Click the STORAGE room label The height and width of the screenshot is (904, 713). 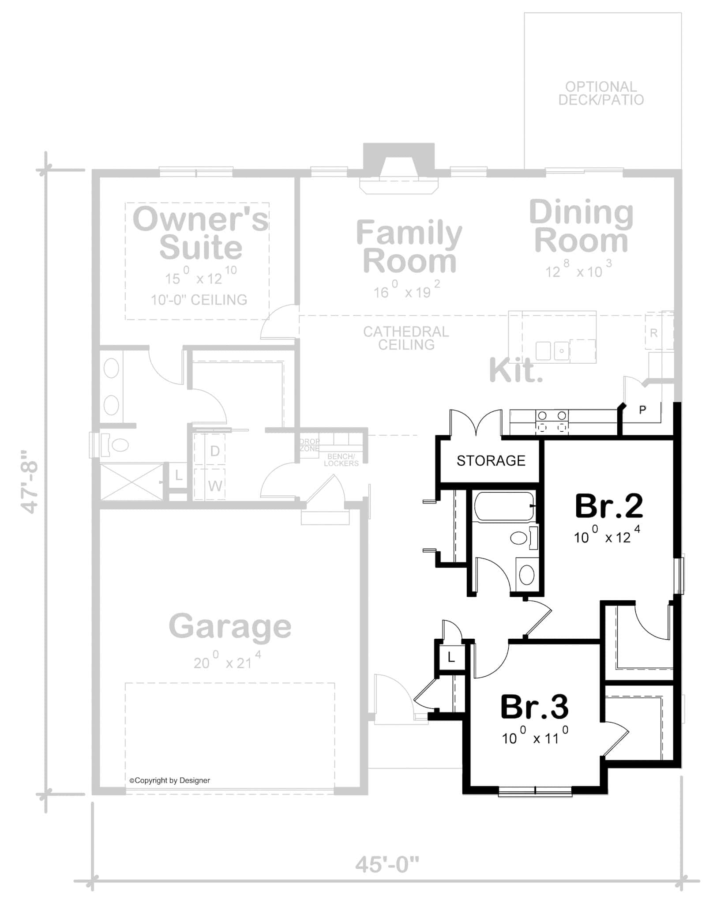coord(491,461)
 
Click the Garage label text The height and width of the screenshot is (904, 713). coord(230,626)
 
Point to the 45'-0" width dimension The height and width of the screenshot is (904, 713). coord(387,864)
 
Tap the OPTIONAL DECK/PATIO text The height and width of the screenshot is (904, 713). coord(601,93)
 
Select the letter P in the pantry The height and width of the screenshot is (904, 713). coord(642,410)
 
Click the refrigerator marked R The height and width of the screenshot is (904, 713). coord(654,333)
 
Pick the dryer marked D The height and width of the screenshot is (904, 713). coord(215,451)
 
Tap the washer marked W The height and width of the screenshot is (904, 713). coord(215,486)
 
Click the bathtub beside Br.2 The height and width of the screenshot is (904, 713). coord(503,506)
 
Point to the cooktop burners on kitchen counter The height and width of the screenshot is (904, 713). coord(552,422)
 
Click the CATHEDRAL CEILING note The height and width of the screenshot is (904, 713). coord(406,338)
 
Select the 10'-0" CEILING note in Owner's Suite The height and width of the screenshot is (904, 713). coord(199,300)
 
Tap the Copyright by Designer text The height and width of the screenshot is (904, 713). coord(169,780)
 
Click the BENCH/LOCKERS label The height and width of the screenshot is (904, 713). coord(341,460)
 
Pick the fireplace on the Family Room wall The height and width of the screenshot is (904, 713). coord(399,170)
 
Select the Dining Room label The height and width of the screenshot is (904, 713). coord(581,226)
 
